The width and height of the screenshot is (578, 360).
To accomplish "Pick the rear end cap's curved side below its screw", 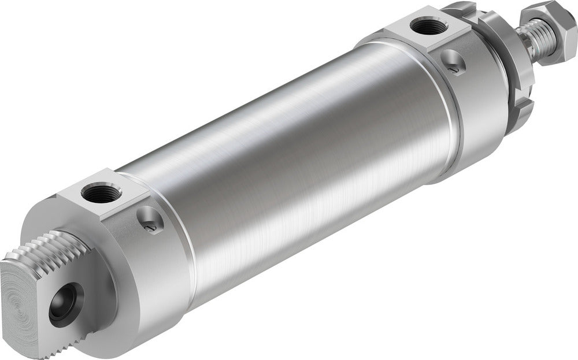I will [162, 277].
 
